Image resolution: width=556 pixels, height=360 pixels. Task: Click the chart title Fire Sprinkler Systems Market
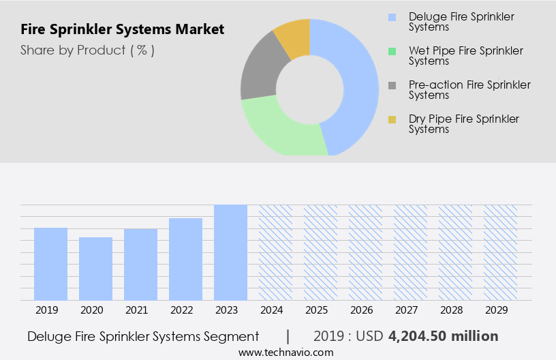coord(122,30)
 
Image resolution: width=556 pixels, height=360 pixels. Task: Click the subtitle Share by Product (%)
coord(87,50)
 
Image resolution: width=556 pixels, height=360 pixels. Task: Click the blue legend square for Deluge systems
coord(392,17)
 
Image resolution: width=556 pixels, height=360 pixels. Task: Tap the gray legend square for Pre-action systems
coord(392,85)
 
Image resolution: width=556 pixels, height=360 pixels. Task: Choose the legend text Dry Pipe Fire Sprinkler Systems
coord(463,124)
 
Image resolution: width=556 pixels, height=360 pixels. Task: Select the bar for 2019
coord(51,264)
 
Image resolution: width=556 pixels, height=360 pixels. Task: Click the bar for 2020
coord(96,269)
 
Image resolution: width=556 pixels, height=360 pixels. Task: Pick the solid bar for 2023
coord(230,252)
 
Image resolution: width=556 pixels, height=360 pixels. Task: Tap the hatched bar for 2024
coord(275,252)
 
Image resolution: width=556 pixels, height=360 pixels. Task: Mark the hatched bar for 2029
coord(500,252)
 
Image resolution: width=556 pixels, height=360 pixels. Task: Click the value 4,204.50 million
coord(443,336)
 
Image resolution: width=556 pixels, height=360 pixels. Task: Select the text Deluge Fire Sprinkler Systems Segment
coord(143,336)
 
